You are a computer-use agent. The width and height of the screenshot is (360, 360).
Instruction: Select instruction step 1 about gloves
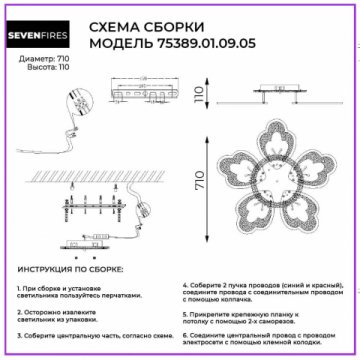pos(80,291)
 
